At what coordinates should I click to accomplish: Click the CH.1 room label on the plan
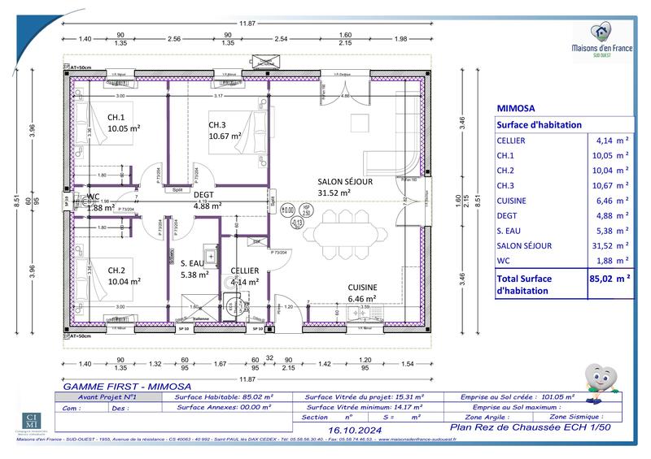point(116,117)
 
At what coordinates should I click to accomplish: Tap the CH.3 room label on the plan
point(216,124)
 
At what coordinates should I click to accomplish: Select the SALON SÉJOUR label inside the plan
point(344,182)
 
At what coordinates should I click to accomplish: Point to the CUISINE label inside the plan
point(362,287)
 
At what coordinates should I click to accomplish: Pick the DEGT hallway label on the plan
point(203,195)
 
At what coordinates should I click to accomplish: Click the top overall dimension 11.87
point(245,24)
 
